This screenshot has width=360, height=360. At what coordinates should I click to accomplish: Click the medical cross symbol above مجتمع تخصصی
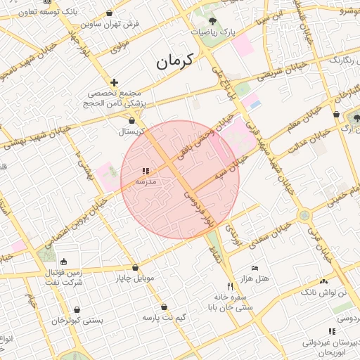115,82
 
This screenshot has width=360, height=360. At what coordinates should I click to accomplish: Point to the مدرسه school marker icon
146,171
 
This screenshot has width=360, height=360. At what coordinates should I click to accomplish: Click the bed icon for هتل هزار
255,268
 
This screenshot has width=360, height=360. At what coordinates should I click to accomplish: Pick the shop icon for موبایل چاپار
135,267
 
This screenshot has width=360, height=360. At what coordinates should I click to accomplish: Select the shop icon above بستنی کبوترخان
77,309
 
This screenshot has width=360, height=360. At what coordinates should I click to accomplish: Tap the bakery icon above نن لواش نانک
323,281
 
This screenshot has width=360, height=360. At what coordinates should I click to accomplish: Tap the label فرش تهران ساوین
116,24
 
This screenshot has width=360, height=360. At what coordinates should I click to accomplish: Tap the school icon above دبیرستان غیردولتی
331,331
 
